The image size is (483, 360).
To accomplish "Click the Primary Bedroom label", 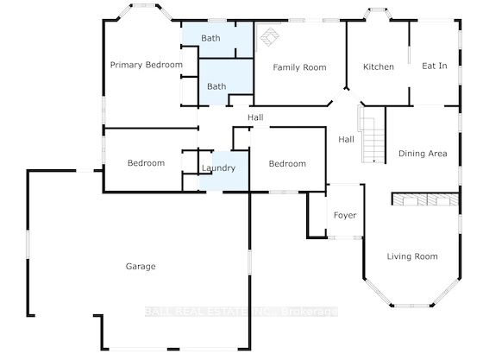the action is pyautogui.click(x=147, y=65).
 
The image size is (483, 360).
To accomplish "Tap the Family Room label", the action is pyautogui.click(x=299, y=67).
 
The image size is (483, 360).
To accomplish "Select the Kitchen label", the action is pyautogui.click(x=379, y=66).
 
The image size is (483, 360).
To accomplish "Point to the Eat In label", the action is pyautogui.click(x=435, y=66).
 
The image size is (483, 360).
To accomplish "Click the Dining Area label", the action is pyautogui.click(x=423, y=154).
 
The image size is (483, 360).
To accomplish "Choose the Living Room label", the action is pyautogui.click(x=412, y=256).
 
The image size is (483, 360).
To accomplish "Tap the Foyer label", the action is pyautogui.click(x=345, y=215).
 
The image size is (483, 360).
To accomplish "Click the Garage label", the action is pyautogui.click(x=141, y=266).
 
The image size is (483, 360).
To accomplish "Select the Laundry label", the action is pyautogui.click(x=218, y=168).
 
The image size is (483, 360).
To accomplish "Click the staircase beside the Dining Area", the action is pyautogui.click(x=372, y=135).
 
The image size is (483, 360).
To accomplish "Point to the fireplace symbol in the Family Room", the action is pyautogui.click(x=269, y=36).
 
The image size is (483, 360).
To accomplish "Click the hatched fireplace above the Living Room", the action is pyautogui.click(x=425, y=199).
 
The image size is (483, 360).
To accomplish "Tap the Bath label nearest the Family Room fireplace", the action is pyautogui.click(x=210, y=38).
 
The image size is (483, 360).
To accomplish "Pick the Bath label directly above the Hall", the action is pyautogui.click(x=216, y=86).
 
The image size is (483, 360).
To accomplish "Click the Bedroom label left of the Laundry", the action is pyautogui.click(x=146, y=163).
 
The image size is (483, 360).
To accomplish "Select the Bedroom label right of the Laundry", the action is pyautogui.click(x=287, y=164).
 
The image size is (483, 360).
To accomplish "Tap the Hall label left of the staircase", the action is pyautogui.click(x=346, y=140).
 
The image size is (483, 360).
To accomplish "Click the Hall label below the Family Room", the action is pyautogui.click(x=255, y=117).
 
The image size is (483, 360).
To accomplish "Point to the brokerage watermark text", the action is pyautogui.click(x=241, y=312).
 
